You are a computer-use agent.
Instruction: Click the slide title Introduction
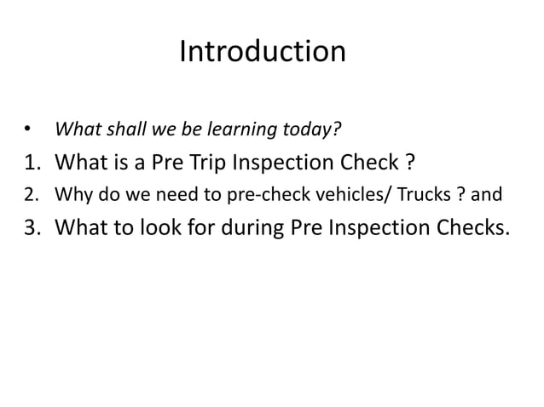tap(263, 53)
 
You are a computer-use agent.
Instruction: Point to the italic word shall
tap(124, 130)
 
